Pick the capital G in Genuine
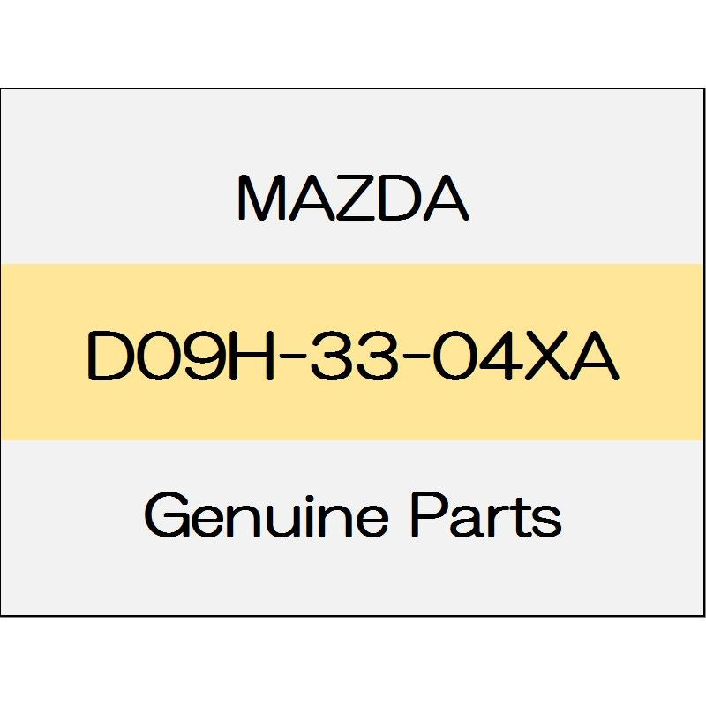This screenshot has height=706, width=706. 167,514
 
